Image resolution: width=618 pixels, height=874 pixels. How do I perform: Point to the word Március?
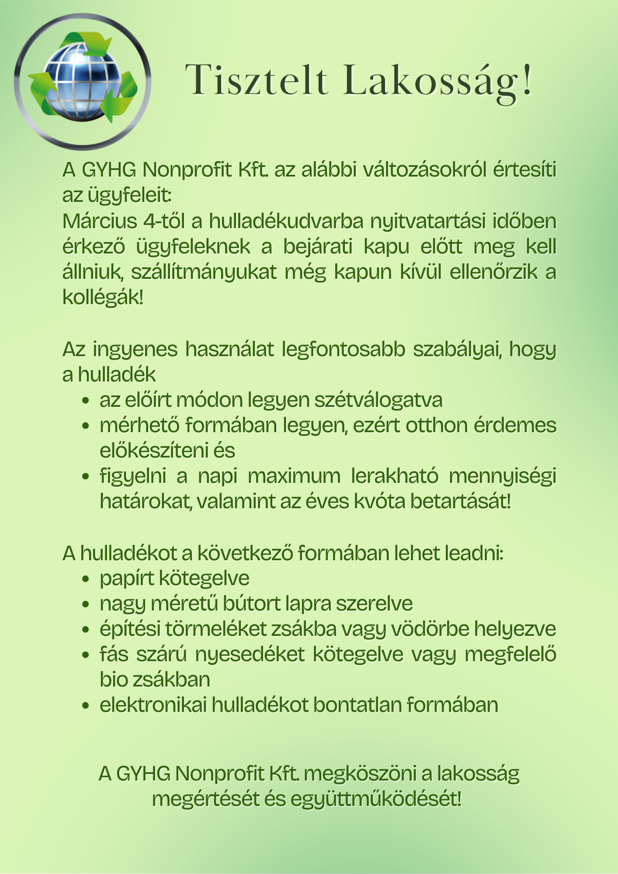coord(100,221)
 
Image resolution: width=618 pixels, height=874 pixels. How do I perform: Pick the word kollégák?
coord(103,298)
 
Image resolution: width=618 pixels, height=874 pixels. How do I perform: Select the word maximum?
coord(294,476)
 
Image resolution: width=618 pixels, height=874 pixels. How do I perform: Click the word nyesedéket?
coord(250,654)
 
